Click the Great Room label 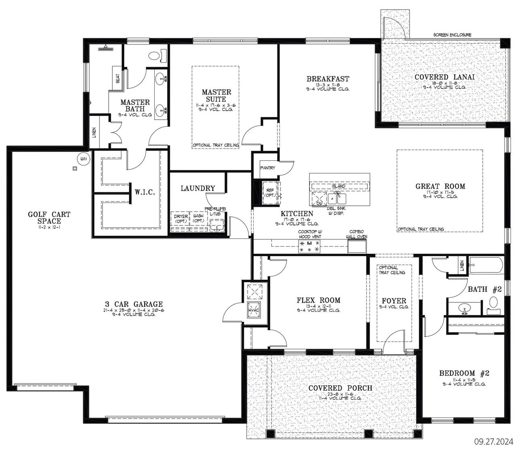[440, 186]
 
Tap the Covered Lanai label [444, 77]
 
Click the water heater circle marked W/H [84, 159]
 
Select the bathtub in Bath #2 [485, 266]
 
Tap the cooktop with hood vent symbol [309, 246]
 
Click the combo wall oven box [357, 246]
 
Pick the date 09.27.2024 [493, 441]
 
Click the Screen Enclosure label [452, 35]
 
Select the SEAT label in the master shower [118, 78]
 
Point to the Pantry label [267, 168]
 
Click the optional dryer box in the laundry [181, 222]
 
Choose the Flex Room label [318, 300]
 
